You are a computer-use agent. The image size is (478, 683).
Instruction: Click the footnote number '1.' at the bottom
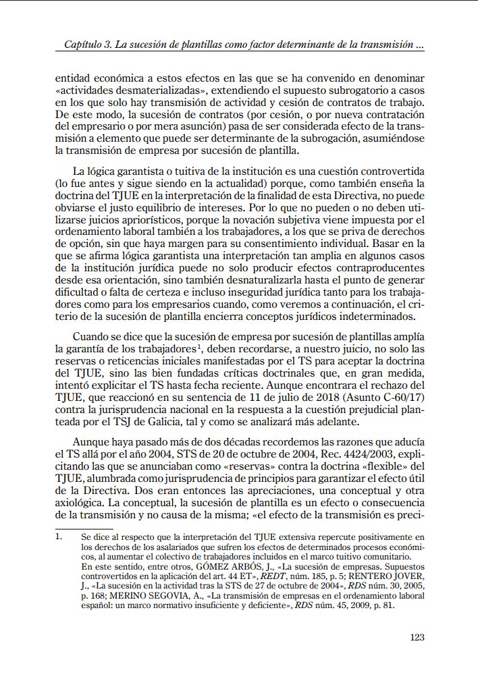(x=60, y=537)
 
